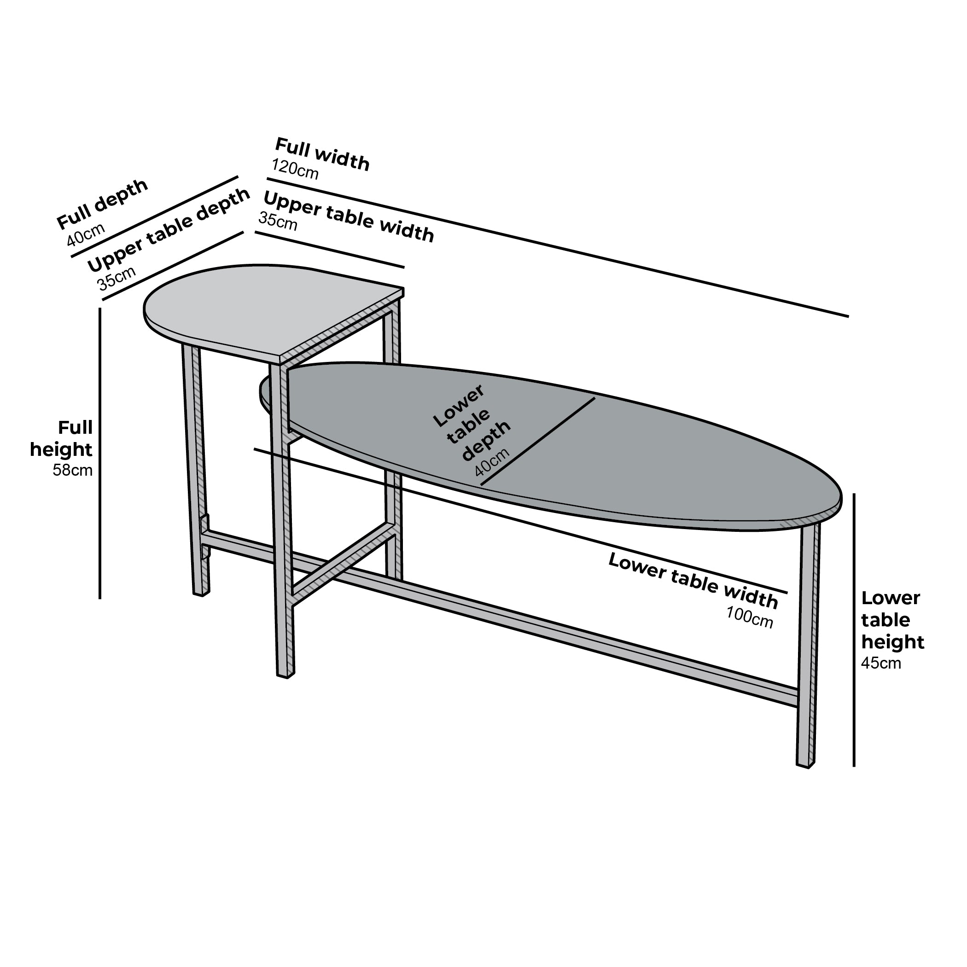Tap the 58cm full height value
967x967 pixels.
click(x=73, y=471)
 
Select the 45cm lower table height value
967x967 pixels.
click(x=881, y=663)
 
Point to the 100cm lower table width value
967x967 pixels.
click(x=750, y=617)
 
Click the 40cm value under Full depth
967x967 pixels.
click(x=86, y=234)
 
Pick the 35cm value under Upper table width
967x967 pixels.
click(x=278, y=221)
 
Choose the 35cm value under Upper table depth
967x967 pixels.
click(x=116, y=278)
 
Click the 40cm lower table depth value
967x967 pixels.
click(x=492, y=461)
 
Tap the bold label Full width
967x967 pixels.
click(x=322, y=154)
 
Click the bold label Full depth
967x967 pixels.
click(x=102, y=204)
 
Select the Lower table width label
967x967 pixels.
click(x=693, y=581)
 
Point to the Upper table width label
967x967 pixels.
click(x=349, y=217)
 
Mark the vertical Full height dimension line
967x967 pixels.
click(x=100, y=453)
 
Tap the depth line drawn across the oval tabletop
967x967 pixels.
click(x=537, y=441)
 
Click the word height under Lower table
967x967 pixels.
click(x=892, y=642)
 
